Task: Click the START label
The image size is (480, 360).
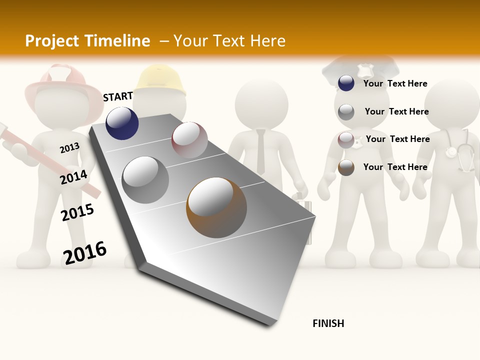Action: [x=118, y=96]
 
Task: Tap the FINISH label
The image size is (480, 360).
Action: [x=328, y=323]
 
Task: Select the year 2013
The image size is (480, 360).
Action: [x=69, y=148]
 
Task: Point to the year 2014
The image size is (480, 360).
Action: [x=73, y=177]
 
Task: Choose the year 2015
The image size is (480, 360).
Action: [x=77, y=212]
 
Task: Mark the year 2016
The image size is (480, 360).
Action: [x=85, y=253]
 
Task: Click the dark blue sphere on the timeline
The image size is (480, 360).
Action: [x=122, y=123]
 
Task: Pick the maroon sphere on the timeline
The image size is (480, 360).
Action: [x=189, y=140]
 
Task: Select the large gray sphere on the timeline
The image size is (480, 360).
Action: [x=145, y=180]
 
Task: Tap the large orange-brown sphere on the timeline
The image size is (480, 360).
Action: [x=216, y=207]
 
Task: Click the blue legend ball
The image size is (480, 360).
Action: [x=346, y=83]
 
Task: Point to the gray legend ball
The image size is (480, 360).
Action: [x=346, y=112]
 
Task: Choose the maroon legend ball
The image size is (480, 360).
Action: [x=346, y=140]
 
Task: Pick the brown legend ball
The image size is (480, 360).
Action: [x=346, y=167]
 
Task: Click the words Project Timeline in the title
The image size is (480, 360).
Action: [x=87, y=41]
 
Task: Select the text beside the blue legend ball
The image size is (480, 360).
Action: [x=395, y=83]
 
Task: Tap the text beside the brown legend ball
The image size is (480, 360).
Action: [x=395, y=167]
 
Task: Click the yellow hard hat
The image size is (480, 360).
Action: [x=160, y=80]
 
